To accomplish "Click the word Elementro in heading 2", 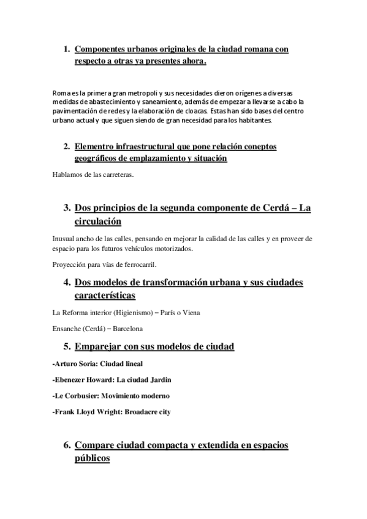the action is click(x=97, y=147).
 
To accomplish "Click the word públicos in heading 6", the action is click(x=91, y=458).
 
